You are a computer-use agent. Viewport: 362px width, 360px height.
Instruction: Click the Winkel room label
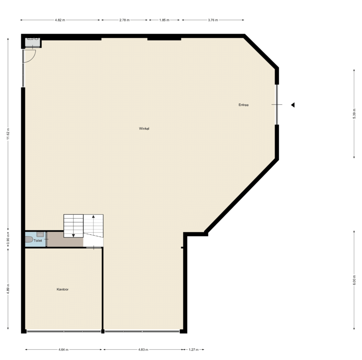tap(144, 129)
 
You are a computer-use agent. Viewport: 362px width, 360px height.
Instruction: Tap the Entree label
tap(244, 105)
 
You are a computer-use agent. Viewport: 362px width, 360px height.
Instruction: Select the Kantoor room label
tap(63, 289)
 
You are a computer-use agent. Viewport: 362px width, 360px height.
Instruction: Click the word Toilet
tap(38, 240)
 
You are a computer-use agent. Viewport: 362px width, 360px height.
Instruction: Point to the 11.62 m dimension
tap(8, 134)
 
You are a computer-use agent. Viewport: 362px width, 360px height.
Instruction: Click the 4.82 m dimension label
tap(60, 20)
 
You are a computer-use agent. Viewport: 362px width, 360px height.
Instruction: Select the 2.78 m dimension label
tap(124, 20)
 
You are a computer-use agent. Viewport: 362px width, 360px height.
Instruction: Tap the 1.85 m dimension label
tap(164, 20)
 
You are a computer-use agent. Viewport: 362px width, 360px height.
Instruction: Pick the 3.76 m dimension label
tap(213, 20)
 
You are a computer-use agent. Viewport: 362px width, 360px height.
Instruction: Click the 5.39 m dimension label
tap(354, 114)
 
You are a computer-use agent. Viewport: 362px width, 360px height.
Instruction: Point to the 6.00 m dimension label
tap(354, 280)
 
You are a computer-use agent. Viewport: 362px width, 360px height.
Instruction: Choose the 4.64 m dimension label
tap(64, 350)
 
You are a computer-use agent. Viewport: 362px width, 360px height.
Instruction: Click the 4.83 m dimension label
tap(143, 350)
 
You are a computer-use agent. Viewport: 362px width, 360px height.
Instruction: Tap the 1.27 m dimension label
tap(193, 350)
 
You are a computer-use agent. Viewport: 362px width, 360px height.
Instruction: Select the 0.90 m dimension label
tap(8, 239)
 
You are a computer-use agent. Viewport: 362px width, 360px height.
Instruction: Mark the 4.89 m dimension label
tap(8, 289)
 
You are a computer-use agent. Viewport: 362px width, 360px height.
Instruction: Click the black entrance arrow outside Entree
tap(293, 105)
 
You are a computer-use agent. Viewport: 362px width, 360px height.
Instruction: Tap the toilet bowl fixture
tap(29, 239)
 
